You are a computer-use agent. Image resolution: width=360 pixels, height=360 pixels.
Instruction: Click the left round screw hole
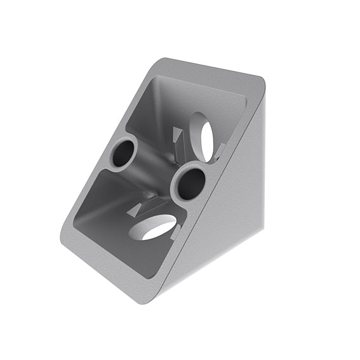(x=124, y=153)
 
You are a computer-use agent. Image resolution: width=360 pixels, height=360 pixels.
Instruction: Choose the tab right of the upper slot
(x=221, y=150)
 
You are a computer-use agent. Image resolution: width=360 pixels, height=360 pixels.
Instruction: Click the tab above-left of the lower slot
(x=141, y=208)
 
